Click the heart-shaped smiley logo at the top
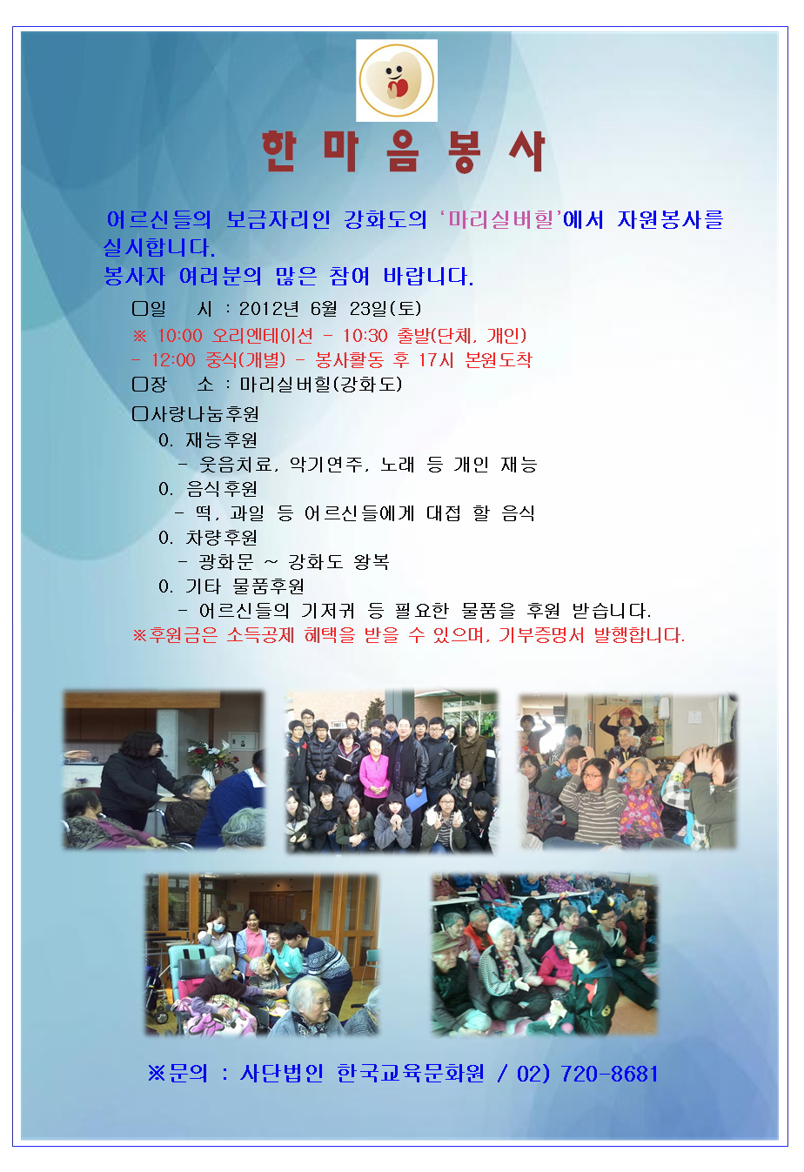pos(397,80)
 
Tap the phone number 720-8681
pos(609,1075)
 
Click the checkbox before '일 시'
pos(140,309)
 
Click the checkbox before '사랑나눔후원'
pos(140,414)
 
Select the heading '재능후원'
pos(221,440)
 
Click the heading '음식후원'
pos(221,489)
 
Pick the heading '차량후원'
pos(221,538)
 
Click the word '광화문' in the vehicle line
pos(226,562)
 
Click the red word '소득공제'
pos(260,635)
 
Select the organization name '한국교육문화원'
pos(411,1075)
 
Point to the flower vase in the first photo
pos(214,761)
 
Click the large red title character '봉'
pos(465,151)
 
